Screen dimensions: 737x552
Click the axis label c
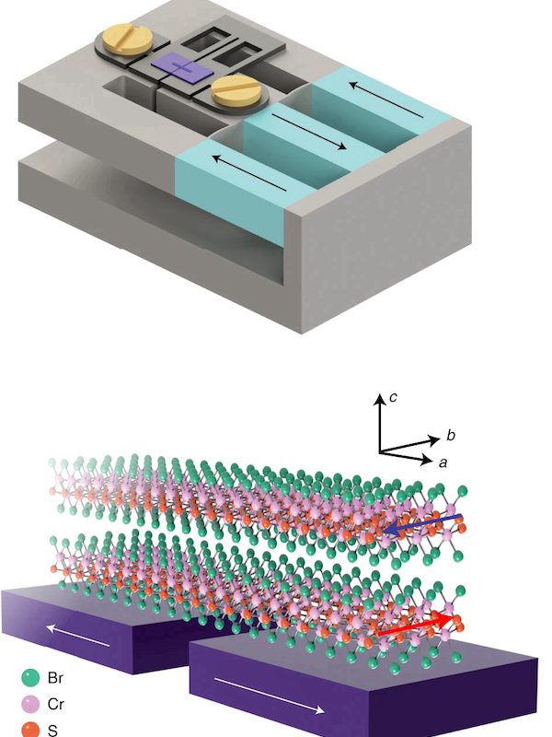pos(393,397)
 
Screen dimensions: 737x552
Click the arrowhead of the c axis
pos(376,399)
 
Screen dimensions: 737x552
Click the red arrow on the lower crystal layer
pos(417,626)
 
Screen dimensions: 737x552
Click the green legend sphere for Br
pos(29,678)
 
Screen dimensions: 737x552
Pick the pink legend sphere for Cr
pos(29,704)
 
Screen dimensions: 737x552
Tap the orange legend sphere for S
pos(29,729)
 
